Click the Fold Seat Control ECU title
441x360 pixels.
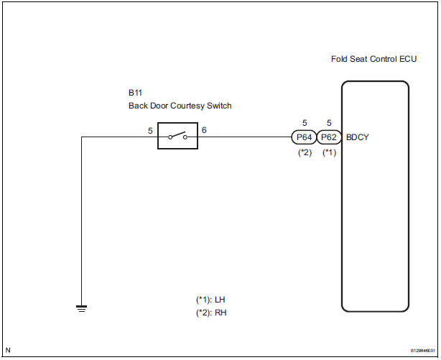[373, 59]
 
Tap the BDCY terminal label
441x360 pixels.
[357, 136]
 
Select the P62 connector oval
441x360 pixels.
[328, 136]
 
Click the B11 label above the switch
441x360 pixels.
[135, 93]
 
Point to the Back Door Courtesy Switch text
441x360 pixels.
[180, 106]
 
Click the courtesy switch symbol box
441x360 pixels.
[178, 136]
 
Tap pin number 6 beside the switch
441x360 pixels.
[204, 130]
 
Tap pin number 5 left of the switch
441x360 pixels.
[149, 130]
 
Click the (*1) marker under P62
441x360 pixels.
[329, 152]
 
